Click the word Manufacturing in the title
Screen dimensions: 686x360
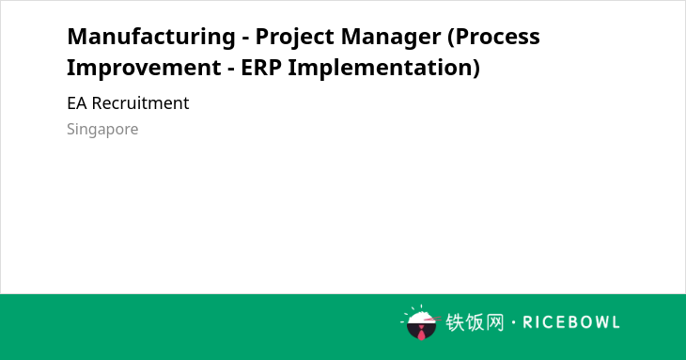tap(151, 37)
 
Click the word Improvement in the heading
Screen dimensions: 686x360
tap(144, 68)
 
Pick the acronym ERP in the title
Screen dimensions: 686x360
tap(260, 68)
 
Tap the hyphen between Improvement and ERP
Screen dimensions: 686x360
tap(231, 70)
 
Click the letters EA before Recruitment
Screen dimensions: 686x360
tap(77, 103)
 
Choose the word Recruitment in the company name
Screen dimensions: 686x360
tap(140, 103)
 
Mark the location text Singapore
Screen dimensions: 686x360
tap(102, 130)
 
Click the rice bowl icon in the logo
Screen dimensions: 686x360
tap(421, 322)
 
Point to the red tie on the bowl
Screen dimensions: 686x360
tap(421, 333)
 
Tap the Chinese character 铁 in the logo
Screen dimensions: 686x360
tap(455, 322)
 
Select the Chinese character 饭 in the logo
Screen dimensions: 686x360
tap(475, 322)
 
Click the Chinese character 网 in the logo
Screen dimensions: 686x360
tap(494, 322)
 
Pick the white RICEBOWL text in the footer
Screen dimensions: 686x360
tap(571, 322)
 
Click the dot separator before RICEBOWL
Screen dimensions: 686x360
tap(513, 322)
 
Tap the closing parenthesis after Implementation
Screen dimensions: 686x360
tap(476, 69)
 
